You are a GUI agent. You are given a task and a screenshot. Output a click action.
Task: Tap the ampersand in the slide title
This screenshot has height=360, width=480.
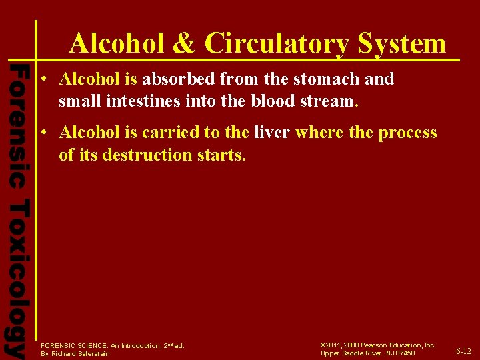click(184, 43)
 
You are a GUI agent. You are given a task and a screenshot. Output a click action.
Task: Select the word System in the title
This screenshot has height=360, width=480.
click(401, 43)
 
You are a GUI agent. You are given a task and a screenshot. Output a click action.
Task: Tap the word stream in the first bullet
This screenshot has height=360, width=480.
click(335, 102)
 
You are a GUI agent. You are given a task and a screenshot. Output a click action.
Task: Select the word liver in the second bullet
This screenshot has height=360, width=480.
click(271, 132)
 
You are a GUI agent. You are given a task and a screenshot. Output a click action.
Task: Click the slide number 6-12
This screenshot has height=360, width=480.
click(463, 351)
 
